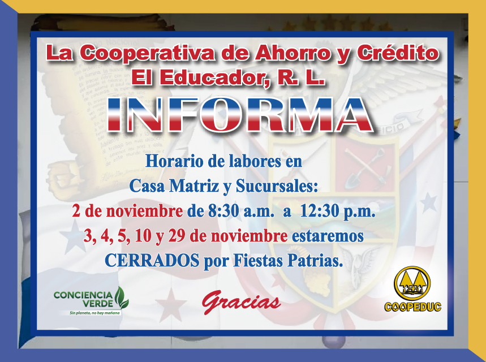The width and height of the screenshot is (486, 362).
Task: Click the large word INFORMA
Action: pyautogui.click(x=240, y=114)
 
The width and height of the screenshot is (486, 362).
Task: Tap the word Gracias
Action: pyautogui.click(x=241, y=301)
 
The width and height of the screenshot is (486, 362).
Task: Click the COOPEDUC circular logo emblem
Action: pyautogui.click(x=412, y=283)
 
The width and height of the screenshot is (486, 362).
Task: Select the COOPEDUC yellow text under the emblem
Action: pyautogui.click(x=412, y=307)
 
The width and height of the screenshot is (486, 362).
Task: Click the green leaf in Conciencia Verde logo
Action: pyautogui.click(x=122, y=298)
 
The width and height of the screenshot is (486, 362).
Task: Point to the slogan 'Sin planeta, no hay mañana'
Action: pyautogui.click(x=94, y=313)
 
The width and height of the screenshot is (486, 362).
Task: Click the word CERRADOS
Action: pyautogui.click(x=152, y=260)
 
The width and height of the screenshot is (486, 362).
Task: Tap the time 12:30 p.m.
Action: pyautogui.click(x=338, y=212)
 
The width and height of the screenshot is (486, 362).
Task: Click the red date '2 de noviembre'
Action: pyautogui.click(x=127, y=212)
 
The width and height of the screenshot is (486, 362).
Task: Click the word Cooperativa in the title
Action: pyautogui.click(x=147, y=53)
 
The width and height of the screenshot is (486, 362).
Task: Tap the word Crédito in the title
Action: pyautogui.click(x=398, y=52)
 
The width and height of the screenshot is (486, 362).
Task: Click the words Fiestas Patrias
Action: pyautogui.click(x=288, y=261)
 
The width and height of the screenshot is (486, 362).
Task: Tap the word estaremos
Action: pyautogui.click(x=328, y=236)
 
